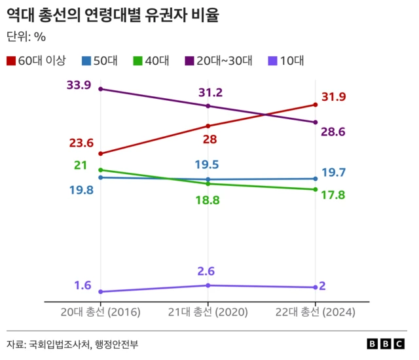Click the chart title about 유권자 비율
113,15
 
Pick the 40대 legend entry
151,61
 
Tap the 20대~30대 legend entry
219,61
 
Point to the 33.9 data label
79,85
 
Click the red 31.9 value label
333,97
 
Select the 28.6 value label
333,132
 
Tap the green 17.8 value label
333,194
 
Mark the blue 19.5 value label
206,165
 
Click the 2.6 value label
206,271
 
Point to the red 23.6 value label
81,143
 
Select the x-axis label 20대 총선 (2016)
100,313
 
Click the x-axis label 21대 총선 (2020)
208,313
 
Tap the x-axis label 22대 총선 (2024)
316,313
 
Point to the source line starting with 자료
73,344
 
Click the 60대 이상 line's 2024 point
316,104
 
